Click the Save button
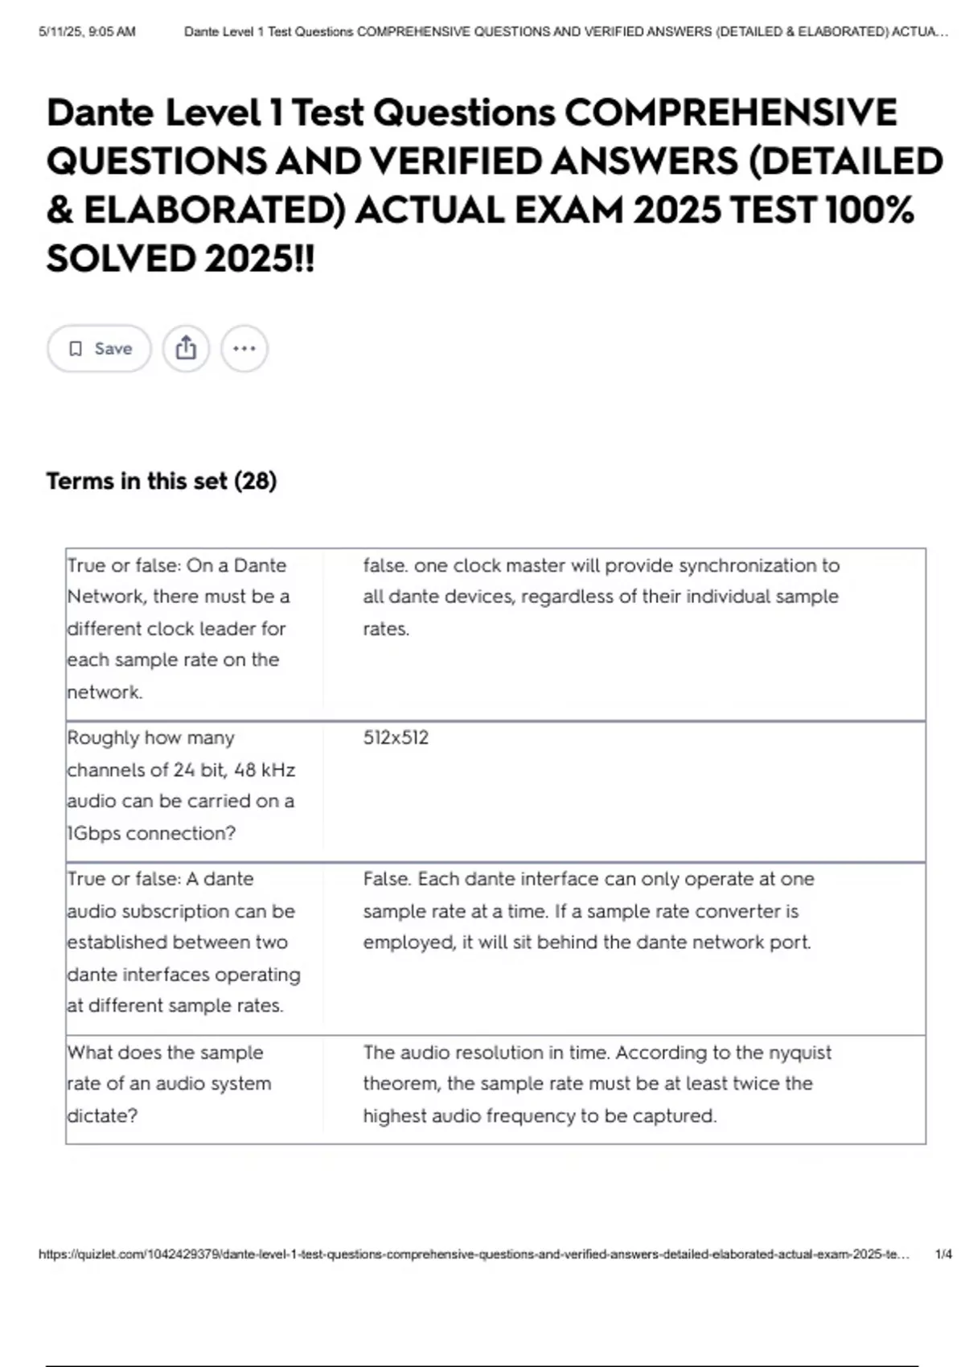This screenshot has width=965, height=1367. [x=99, y=348]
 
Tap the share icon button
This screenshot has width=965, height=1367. [x=186, y=348]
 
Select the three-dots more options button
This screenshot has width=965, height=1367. [x=244, y=348]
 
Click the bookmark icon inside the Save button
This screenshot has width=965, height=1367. [x=76, y=348]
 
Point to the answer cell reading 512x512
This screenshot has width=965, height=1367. [x=396, y=737]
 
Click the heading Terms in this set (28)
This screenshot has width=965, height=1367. [x=161, y=481]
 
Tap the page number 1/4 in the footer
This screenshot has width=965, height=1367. [x=943, y=1254]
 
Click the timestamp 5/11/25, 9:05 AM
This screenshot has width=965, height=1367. [x=87, y=32]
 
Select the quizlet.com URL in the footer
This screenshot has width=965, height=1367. [x=474, y=1254]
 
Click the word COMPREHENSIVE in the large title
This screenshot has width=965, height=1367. [x=730, y=112]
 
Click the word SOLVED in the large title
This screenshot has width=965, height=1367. [x=121, y=259]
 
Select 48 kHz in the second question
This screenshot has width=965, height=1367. [x=264, y=770]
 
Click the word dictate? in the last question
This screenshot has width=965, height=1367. [x=102, y=1115]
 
